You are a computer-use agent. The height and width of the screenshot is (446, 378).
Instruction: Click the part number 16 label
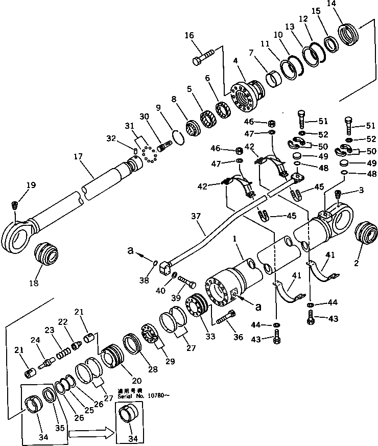(x=189, y=35)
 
